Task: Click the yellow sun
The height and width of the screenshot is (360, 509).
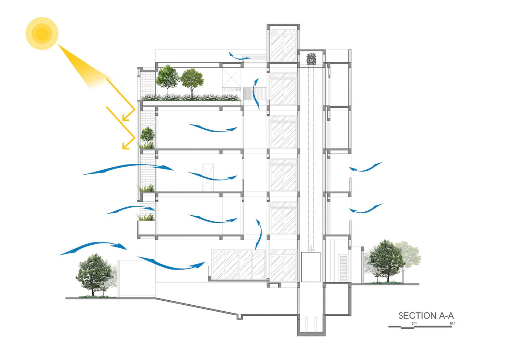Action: [x=42, y=34]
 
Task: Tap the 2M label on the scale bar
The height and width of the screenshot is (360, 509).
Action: [x=414, y=323]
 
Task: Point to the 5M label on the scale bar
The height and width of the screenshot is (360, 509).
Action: [x=453, y=323]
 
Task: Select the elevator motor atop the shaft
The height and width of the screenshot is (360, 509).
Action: [x=311, y=59]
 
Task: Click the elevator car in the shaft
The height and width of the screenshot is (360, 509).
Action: [x=311, y=267]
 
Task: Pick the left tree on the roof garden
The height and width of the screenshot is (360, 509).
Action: [x=167, y=78]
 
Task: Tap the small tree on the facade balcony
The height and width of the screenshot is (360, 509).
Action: [x=148, y=135]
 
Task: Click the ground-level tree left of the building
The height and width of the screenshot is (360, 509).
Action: [x=93, y=273]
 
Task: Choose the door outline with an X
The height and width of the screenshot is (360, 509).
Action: [x=208, y=177]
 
